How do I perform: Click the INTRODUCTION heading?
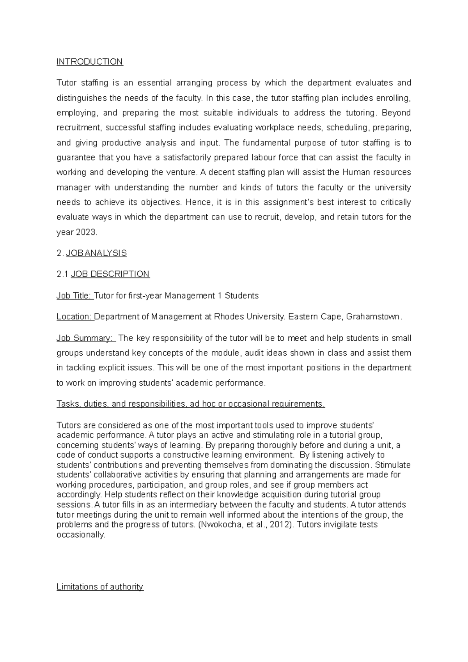point(90,62)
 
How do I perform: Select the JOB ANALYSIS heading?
point(96,253)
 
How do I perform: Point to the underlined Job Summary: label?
point(85,338)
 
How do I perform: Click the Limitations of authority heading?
point(100,587)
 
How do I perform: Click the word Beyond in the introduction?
point(396,113)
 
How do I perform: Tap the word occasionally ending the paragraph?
point(81,535)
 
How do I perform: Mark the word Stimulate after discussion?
point(392,465)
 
